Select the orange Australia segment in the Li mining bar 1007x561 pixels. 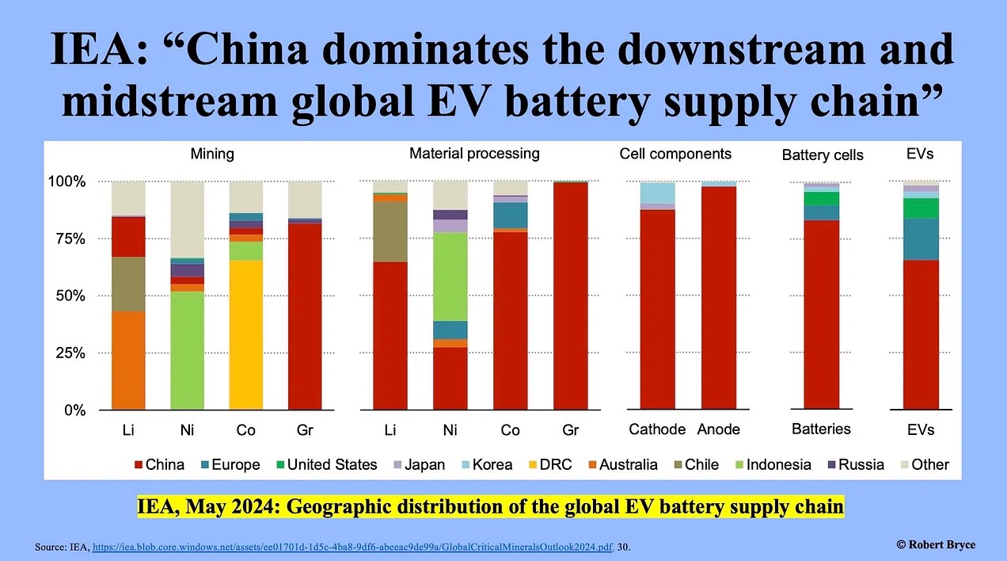[x=128, y=361]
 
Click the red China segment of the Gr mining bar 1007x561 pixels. [x=305, y=317]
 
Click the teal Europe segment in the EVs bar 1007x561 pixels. [x=921, y=239]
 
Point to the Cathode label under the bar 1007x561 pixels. [x=657, y=429]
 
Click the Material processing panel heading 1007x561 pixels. [x=474, y=153]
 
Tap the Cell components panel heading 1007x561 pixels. [x=675, y=153]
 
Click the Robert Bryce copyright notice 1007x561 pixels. [x=936, y=544]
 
